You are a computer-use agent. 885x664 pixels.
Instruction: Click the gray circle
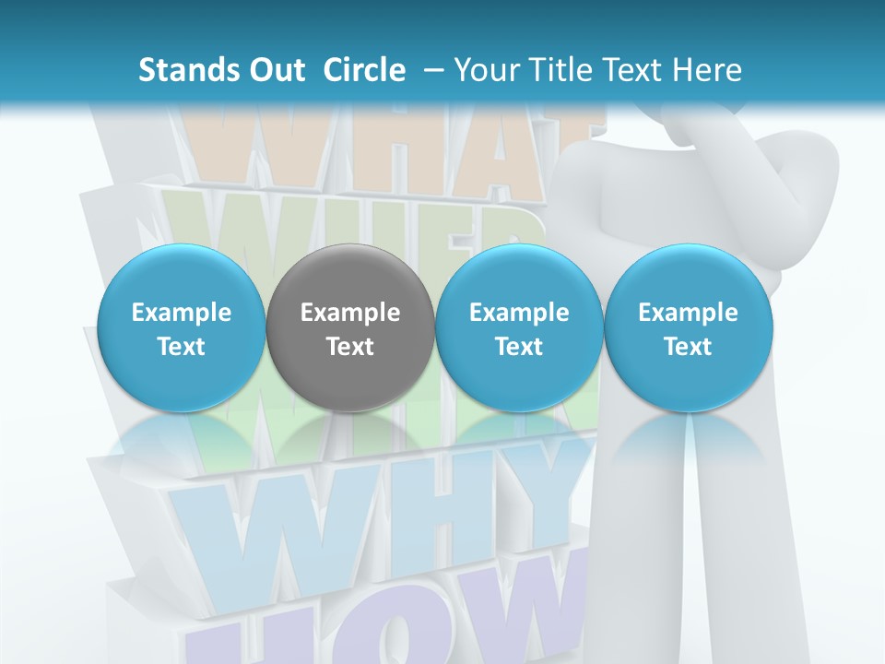350,328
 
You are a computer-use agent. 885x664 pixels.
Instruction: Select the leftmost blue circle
181,328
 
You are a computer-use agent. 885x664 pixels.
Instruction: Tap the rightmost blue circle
689,328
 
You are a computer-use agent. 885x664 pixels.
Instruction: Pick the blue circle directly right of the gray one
519,328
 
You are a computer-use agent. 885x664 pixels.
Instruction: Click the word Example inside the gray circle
350,313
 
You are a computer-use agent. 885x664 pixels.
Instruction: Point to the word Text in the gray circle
350,347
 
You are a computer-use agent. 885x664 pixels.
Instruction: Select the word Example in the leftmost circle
181,313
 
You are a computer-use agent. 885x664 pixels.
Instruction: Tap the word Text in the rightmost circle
689,347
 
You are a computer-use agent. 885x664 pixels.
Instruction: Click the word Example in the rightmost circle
689,313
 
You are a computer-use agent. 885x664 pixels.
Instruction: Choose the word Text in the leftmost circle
181,347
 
